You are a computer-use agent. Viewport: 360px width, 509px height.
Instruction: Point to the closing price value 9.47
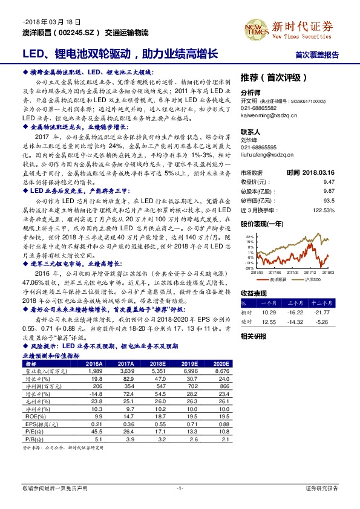tap(329, 181)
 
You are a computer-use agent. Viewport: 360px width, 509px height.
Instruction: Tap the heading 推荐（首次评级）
tap(274, 78)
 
